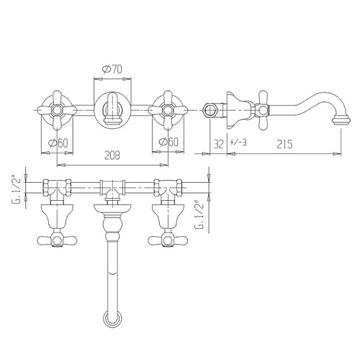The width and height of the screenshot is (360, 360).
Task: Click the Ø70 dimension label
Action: click(112, 69)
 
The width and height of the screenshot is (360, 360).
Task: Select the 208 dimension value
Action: click(112, 156)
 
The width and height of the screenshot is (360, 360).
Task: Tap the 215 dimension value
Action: click(284, 144)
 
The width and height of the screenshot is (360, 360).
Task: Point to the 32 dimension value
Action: click(218, 144)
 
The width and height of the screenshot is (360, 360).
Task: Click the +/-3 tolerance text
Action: click(238, 143)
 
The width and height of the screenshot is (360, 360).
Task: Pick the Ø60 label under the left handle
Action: click(58, 143)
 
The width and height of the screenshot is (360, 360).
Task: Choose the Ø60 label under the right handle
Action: click(168, 142)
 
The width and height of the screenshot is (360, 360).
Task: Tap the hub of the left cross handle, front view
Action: click(57, 110)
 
